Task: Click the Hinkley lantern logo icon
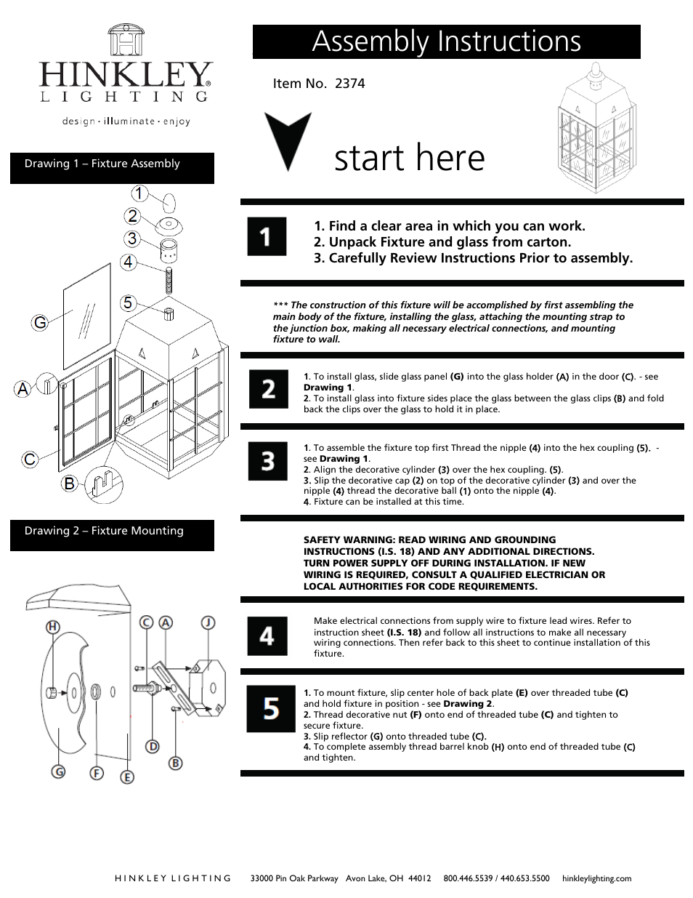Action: coord(125,40)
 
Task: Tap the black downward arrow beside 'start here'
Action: coord(288,140)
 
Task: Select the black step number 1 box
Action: coord(267,236)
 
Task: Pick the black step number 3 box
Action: coord(267,461)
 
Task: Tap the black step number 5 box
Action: coord(270,708)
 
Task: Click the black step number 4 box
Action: coord(267,636)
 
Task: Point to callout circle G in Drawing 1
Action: coord(39,322)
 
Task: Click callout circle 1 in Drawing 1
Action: coord(139,193)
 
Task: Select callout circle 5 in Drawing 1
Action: coord(128,302)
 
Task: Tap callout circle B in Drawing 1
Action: coord(69,482)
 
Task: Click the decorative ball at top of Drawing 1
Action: coord(167,202)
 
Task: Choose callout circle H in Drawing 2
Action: coord(53,626)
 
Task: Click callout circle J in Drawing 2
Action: coord(208,622)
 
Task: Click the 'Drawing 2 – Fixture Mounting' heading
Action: coord(104,531)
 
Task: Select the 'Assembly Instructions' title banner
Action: coord(446,41)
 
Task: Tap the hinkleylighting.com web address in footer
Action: coord(596,878)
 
